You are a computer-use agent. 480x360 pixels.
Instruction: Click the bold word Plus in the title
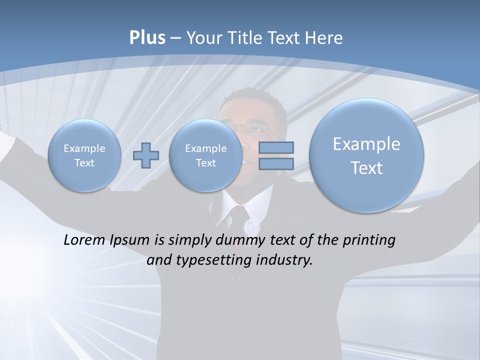(x=147, y=38)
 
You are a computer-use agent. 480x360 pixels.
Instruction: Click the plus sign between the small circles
(x=145, y=155)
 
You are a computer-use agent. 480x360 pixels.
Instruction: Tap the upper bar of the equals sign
(x=276, y=148)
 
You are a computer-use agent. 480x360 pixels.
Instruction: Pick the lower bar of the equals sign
(x=276, y=164)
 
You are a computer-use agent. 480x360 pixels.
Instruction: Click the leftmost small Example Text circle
(x=84, y=155)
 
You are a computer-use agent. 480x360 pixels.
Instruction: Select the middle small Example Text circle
(x=205, y=155)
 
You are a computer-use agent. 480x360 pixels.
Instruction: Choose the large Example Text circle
(x=366, y=155)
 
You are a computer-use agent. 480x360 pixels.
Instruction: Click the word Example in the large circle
(x=366, y=144)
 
